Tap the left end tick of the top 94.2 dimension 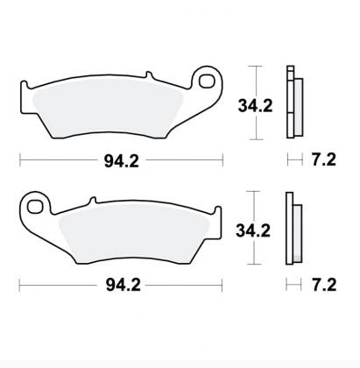[20, 159]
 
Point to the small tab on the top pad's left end [25, 85]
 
